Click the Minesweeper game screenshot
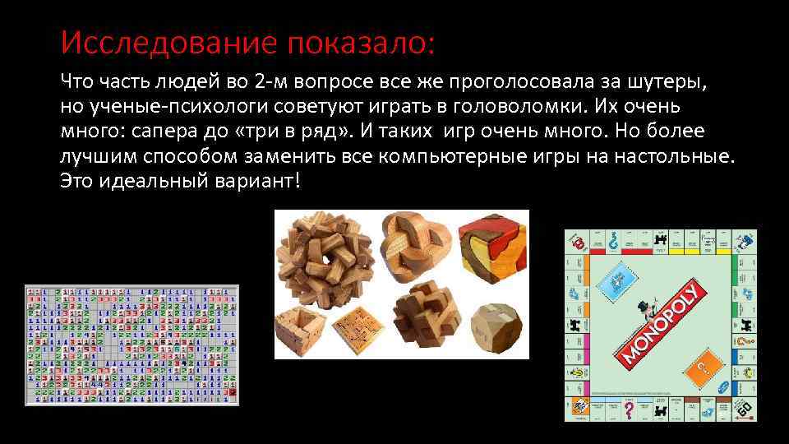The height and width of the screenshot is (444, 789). click(x=131, y=345)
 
